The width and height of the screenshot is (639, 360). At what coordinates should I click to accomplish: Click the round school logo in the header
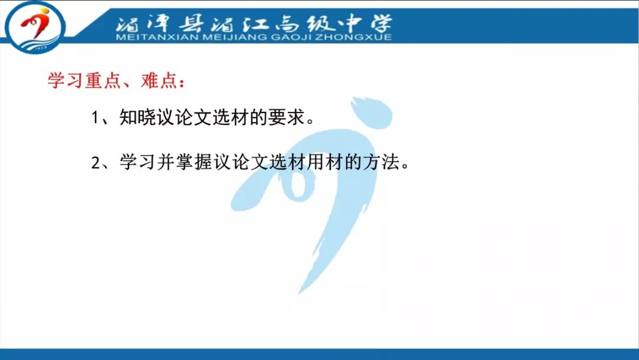[x=35, y=27]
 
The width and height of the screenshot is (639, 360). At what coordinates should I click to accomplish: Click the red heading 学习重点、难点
[x=117, y=81]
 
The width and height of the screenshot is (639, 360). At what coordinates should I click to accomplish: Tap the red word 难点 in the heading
[x=159, y=81]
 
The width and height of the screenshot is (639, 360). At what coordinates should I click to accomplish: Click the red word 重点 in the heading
[x=103, y=81]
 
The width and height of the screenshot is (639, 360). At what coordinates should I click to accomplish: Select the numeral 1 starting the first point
[x=95, y=118]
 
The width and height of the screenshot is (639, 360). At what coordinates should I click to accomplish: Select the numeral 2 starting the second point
[x=95, y=163]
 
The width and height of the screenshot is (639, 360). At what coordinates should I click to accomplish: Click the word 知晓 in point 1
[x=138, y=117]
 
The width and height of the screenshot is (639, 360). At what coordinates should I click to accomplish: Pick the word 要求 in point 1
[x=286, y=117]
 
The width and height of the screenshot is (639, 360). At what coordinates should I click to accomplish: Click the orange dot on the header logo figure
[x=44, y=11]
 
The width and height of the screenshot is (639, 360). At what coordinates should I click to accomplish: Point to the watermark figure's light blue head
[x=371, y=112]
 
